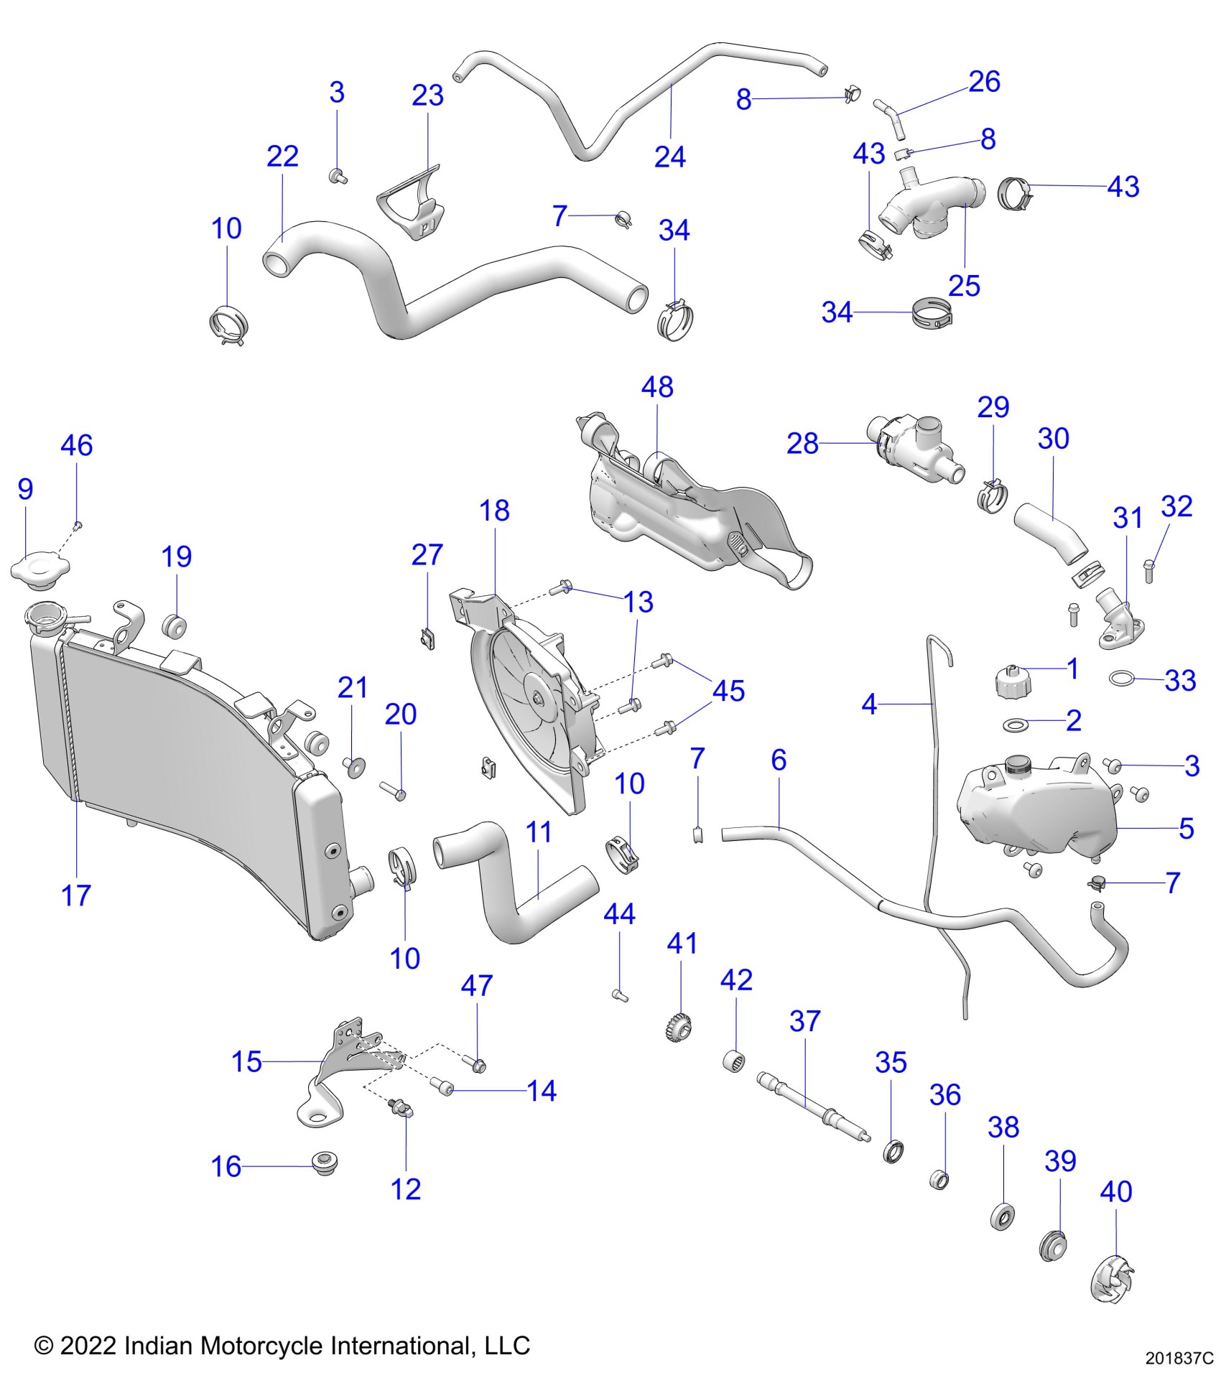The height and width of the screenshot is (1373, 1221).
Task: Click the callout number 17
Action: pyautogui.click(x=76, y=895)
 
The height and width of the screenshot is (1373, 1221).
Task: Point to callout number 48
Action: pyautogui.click(x=657, y=388)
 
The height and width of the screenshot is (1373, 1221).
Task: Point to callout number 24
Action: pyautogui.click(x=669, y=157)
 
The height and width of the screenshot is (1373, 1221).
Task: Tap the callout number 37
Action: pyautogui.click(x=804, y=1021)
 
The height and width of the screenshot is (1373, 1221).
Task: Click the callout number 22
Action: pyautogui.click(x=282, y=156)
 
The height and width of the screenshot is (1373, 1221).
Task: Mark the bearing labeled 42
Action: pyautogui.click(x=734, y=1060)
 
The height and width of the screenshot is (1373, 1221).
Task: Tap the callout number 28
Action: pyautogui.click(x=802, y=444)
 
